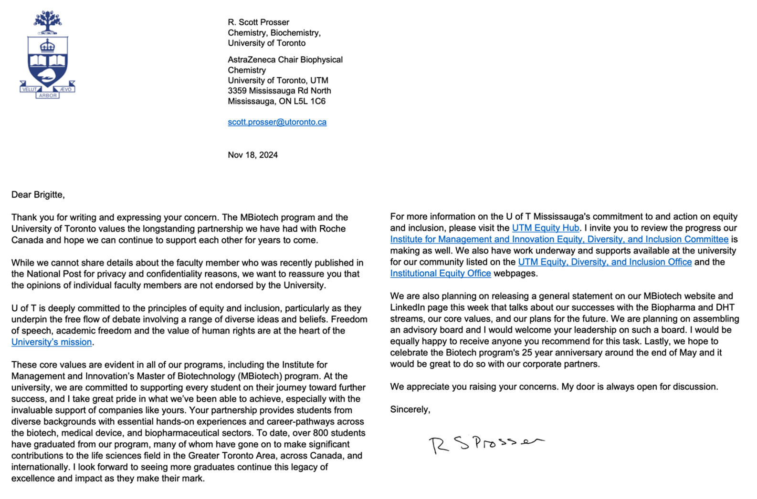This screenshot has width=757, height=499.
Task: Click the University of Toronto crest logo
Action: (x=47, y=55)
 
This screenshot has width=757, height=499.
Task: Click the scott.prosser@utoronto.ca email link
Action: (x=277, y=122)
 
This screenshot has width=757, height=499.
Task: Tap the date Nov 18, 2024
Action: (x=252, y=155)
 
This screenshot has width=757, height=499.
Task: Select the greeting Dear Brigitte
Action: (x=38, y=194)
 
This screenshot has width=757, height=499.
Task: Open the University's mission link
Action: (x=52, y=342)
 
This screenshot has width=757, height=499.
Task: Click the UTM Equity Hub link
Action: (x=545, y=228)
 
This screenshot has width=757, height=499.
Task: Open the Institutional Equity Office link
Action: (x=440, y=274)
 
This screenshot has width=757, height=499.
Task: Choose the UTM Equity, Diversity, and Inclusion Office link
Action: (x=605, y=262)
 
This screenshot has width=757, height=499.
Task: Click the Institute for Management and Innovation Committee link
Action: (x=559, y=239)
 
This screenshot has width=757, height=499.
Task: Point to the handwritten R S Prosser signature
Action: (x=486, y=444)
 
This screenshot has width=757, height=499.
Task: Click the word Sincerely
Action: (x=410, y=409)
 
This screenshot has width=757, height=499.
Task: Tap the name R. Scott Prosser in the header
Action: (x=258, y=22)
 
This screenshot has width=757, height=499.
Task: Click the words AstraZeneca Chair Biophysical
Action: (x=285, y=60)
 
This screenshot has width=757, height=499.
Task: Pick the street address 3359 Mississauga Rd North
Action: (x=279, y=91)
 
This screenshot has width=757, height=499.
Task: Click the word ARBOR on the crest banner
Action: (x=48, y=95)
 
